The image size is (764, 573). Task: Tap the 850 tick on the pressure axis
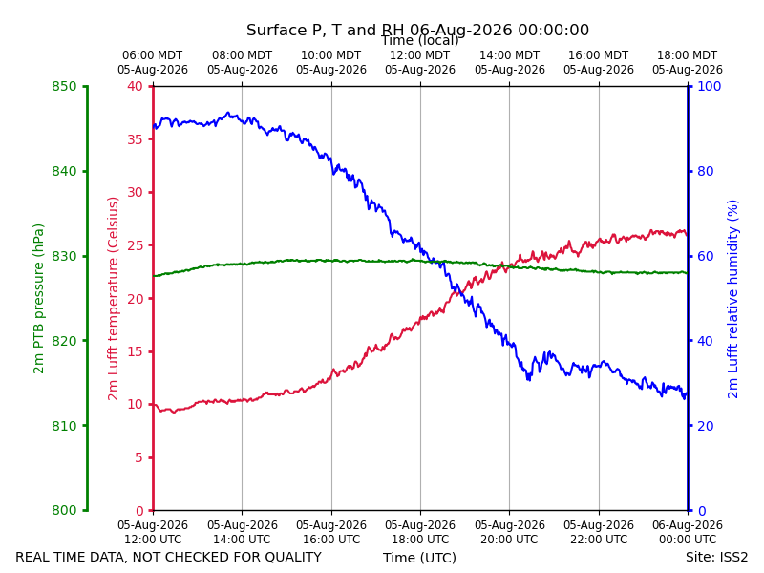pos(64,86)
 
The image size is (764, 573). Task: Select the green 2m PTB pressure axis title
pos(38,299)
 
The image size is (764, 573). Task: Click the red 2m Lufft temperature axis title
pos(113,299)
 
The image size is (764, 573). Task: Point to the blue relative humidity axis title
pos(732,299)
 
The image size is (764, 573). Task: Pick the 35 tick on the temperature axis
pos(135,139)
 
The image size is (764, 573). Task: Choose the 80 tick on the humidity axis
pos(706,171)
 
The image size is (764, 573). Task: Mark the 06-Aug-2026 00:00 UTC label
pos(688,532)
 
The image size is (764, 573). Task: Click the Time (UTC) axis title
pos(419,558)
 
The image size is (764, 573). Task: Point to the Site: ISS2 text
pos(716,557)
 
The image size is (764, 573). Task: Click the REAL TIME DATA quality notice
pos(169,557)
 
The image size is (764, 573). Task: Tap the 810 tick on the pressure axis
pos(64,426)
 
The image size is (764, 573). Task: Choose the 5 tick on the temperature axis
pos(138,457)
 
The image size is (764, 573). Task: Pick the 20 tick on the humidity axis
pos(706,426)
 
